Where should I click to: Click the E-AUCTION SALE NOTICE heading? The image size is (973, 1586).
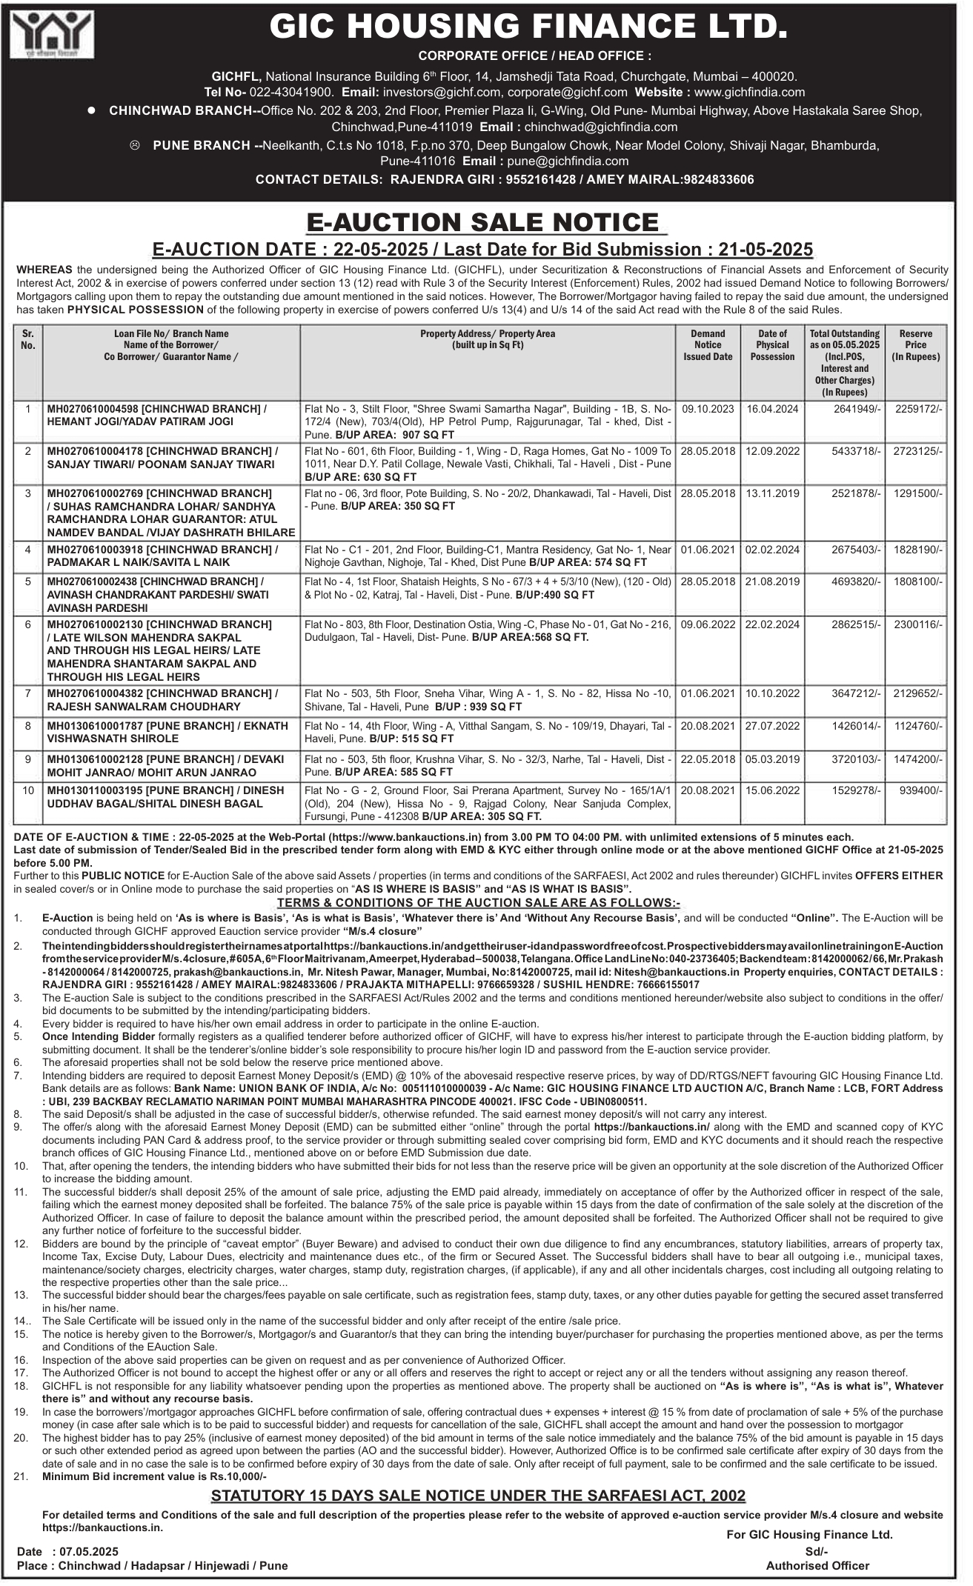(486, 222)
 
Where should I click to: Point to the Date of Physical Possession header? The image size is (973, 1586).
(772, 344)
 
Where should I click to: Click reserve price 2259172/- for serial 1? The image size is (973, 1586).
(920, 408)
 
